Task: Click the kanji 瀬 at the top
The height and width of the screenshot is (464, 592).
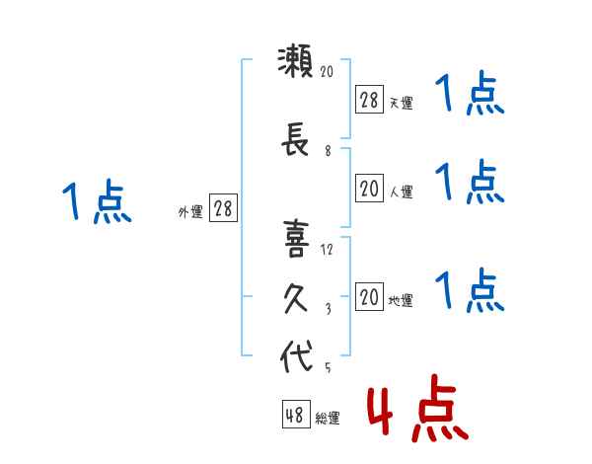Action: click(295, 61)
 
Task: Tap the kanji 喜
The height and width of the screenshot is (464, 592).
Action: click(296, 239)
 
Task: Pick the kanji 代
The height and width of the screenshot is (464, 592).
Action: click(296, 355)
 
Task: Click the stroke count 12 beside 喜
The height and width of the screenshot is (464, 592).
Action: click(327, 250)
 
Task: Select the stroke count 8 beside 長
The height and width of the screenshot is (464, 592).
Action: click(328, 151)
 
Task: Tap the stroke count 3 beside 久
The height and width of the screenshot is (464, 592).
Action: click(329, 309)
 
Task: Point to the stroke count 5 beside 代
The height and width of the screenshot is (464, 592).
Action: click(328, 367)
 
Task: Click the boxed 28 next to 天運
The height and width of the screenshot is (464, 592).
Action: click(369, 100)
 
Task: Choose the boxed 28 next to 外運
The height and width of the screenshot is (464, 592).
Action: click(223, 208)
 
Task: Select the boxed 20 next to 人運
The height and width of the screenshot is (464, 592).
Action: click(369, 189)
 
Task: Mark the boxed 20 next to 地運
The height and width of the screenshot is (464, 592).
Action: click(369, 296)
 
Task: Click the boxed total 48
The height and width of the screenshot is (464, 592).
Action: click(296, 415)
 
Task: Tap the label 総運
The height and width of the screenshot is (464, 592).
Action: click(328, 418)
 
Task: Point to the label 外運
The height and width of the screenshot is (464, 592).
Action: click(190, 212)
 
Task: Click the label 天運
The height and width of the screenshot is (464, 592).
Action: click(402, 103)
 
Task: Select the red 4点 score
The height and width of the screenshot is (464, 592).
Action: click(417, 408)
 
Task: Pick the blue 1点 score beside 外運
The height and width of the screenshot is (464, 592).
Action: click(97, 201)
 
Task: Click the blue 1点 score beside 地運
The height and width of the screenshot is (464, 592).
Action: click(470, 290)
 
